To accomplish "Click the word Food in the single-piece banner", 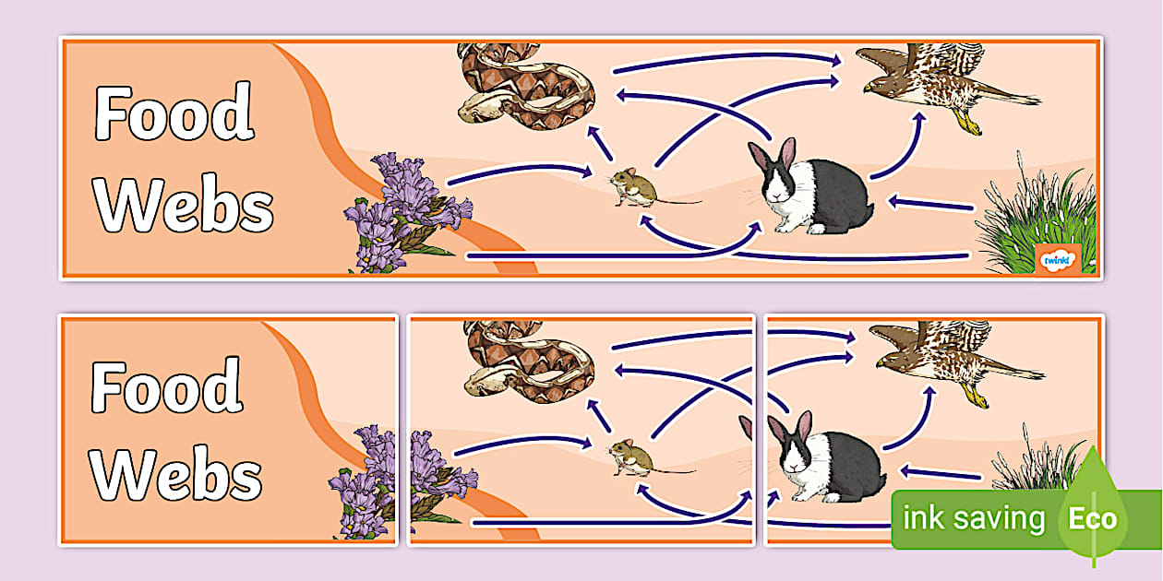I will [x=174, y=114].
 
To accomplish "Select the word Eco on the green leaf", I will [x=1093, y=518].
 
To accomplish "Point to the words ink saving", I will [x=974, y=519].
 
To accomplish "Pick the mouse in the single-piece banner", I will [x=635, y=187].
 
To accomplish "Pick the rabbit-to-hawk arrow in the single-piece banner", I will [x=900, y=148].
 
